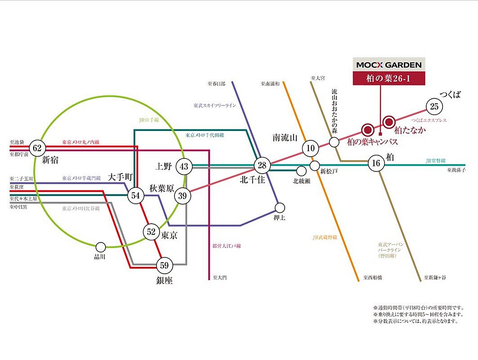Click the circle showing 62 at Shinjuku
(36, 148)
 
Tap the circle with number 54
(135, 195)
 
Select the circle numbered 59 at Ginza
(164, 265)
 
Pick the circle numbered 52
(151, 232)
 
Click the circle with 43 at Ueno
(184, 166)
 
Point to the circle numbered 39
(182, 195)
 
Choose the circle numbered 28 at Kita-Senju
(262, 166)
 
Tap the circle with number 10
(310, 148)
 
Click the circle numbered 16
(376, 163)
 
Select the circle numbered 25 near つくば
(434, 107)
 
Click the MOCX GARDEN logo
(389, 65)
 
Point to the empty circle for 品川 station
(101, 247)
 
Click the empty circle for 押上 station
(280, 207)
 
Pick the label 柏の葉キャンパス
(372, 142)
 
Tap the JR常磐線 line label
(435, 160)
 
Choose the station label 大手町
(120, 178)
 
